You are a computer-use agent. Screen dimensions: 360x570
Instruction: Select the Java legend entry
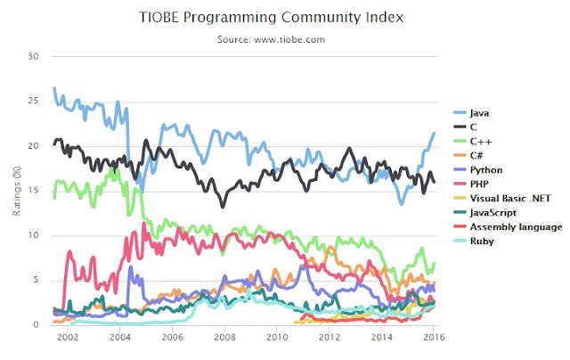coord(478,113)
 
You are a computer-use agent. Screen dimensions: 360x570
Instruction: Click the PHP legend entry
coord(477,184)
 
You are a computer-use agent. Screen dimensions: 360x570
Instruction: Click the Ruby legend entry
coord(479,241)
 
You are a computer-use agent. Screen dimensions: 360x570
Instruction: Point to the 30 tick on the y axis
coord(36,56)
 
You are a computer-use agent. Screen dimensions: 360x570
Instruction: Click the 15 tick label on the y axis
coord(36,191)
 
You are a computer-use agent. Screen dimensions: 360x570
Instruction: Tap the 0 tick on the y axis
coord(38,325)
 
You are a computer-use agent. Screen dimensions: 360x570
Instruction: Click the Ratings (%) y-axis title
coord(17,191)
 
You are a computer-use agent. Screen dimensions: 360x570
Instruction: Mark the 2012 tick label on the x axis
coord(330,340)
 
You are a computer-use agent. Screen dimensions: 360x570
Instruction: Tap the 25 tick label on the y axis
coord(36,101)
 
